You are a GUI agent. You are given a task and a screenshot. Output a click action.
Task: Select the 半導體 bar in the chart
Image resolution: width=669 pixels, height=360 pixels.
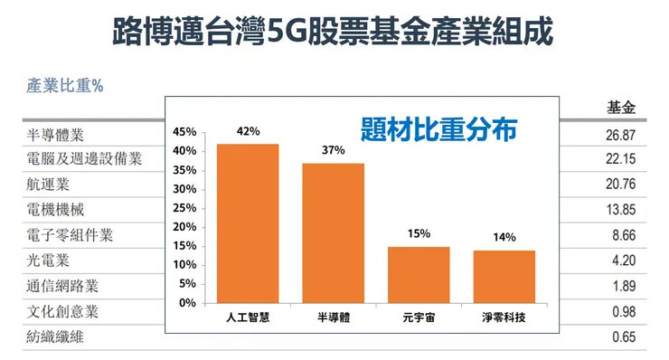click(x=333, y=232)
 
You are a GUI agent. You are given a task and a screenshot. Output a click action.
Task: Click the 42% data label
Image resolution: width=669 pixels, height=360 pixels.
click(x=248, y=131)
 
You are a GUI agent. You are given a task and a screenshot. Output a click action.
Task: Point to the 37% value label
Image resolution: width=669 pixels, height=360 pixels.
click(x=333, y=150)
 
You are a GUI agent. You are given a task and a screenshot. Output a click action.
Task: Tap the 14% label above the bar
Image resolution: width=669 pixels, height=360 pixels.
click(x=504, y=237)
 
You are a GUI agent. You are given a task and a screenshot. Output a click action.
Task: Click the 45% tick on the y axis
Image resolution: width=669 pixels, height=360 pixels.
click(x=185, y=132)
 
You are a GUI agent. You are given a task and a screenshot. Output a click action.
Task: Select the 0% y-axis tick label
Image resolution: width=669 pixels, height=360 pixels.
click(x=189, y=303)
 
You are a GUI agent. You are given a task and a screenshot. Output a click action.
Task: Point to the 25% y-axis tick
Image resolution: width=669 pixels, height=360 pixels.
click(x=185, y=208)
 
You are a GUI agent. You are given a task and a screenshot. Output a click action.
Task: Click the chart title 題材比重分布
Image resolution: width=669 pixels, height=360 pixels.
click(x=438, y=128)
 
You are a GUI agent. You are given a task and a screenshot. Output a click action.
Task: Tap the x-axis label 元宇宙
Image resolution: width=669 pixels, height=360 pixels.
click(x=419, y=318)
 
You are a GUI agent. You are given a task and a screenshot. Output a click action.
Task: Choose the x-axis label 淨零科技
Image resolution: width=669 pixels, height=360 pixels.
click(x=504, y=318)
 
